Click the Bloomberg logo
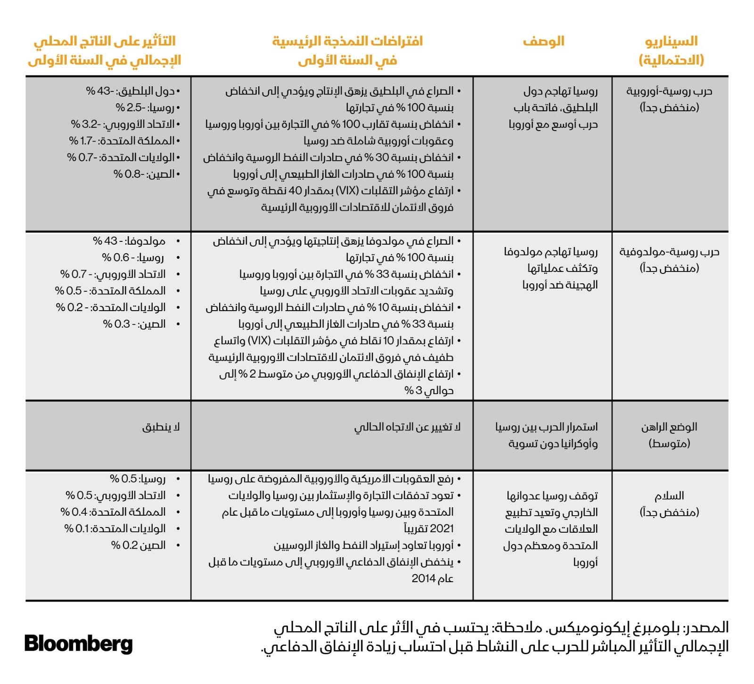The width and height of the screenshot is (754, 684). tap(78, 644)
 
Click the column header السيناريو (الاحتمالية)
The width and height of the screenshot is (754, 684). tap(671, 50)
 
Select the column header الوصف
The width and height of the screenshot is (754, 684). tap(543, 41)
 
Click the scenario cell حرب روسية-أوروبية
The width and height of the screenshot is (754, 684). tap(669, 99)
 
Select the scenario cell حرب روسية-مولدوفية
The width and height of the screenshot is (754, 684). tap(669, 260)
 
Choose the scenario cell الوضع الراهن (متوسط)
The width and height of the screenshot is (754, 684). tap(669, 435)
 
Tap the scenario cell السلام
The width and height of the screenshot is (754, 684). tap(669, 503)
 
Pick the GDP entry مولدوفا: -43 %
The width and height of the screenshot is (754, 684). tap(129, 241)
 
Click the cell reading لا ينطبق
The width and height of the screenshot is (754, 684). tap(161, 427)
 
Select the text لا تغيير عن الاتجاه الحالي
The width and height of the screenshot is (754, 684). tap(407, 427)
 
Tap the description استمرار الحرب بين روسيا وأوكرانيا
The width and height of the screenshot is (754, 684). tap(547, 435)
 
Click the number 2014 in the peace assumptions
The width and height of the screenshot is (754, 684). tap(423, 579)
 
